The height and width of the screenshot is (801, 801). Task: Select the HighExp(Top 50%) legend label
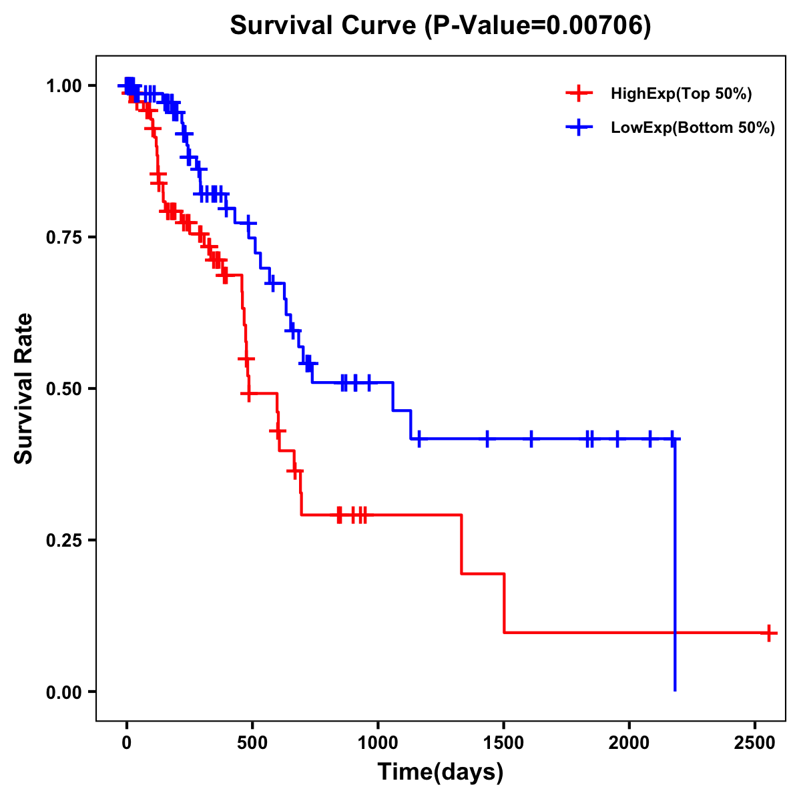coord(681,94)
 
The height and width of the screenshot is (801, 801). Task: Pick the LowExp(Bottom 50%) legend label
coord(693,128)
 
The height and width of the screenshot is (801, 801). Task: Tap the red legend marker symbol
coord(579,93)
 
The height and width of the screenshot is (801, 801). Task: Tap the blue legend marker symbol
coord(579,127)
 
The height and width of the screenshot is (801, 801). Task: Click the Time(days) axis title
coord(441,772)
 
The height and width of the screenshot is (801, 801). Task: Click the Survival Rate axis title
coord(24,388)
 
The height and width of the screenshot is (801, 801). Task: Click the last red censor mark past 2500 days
coord(768,632)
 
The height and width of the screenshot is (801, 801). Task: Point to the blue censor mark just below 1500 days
coord(487,439)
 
